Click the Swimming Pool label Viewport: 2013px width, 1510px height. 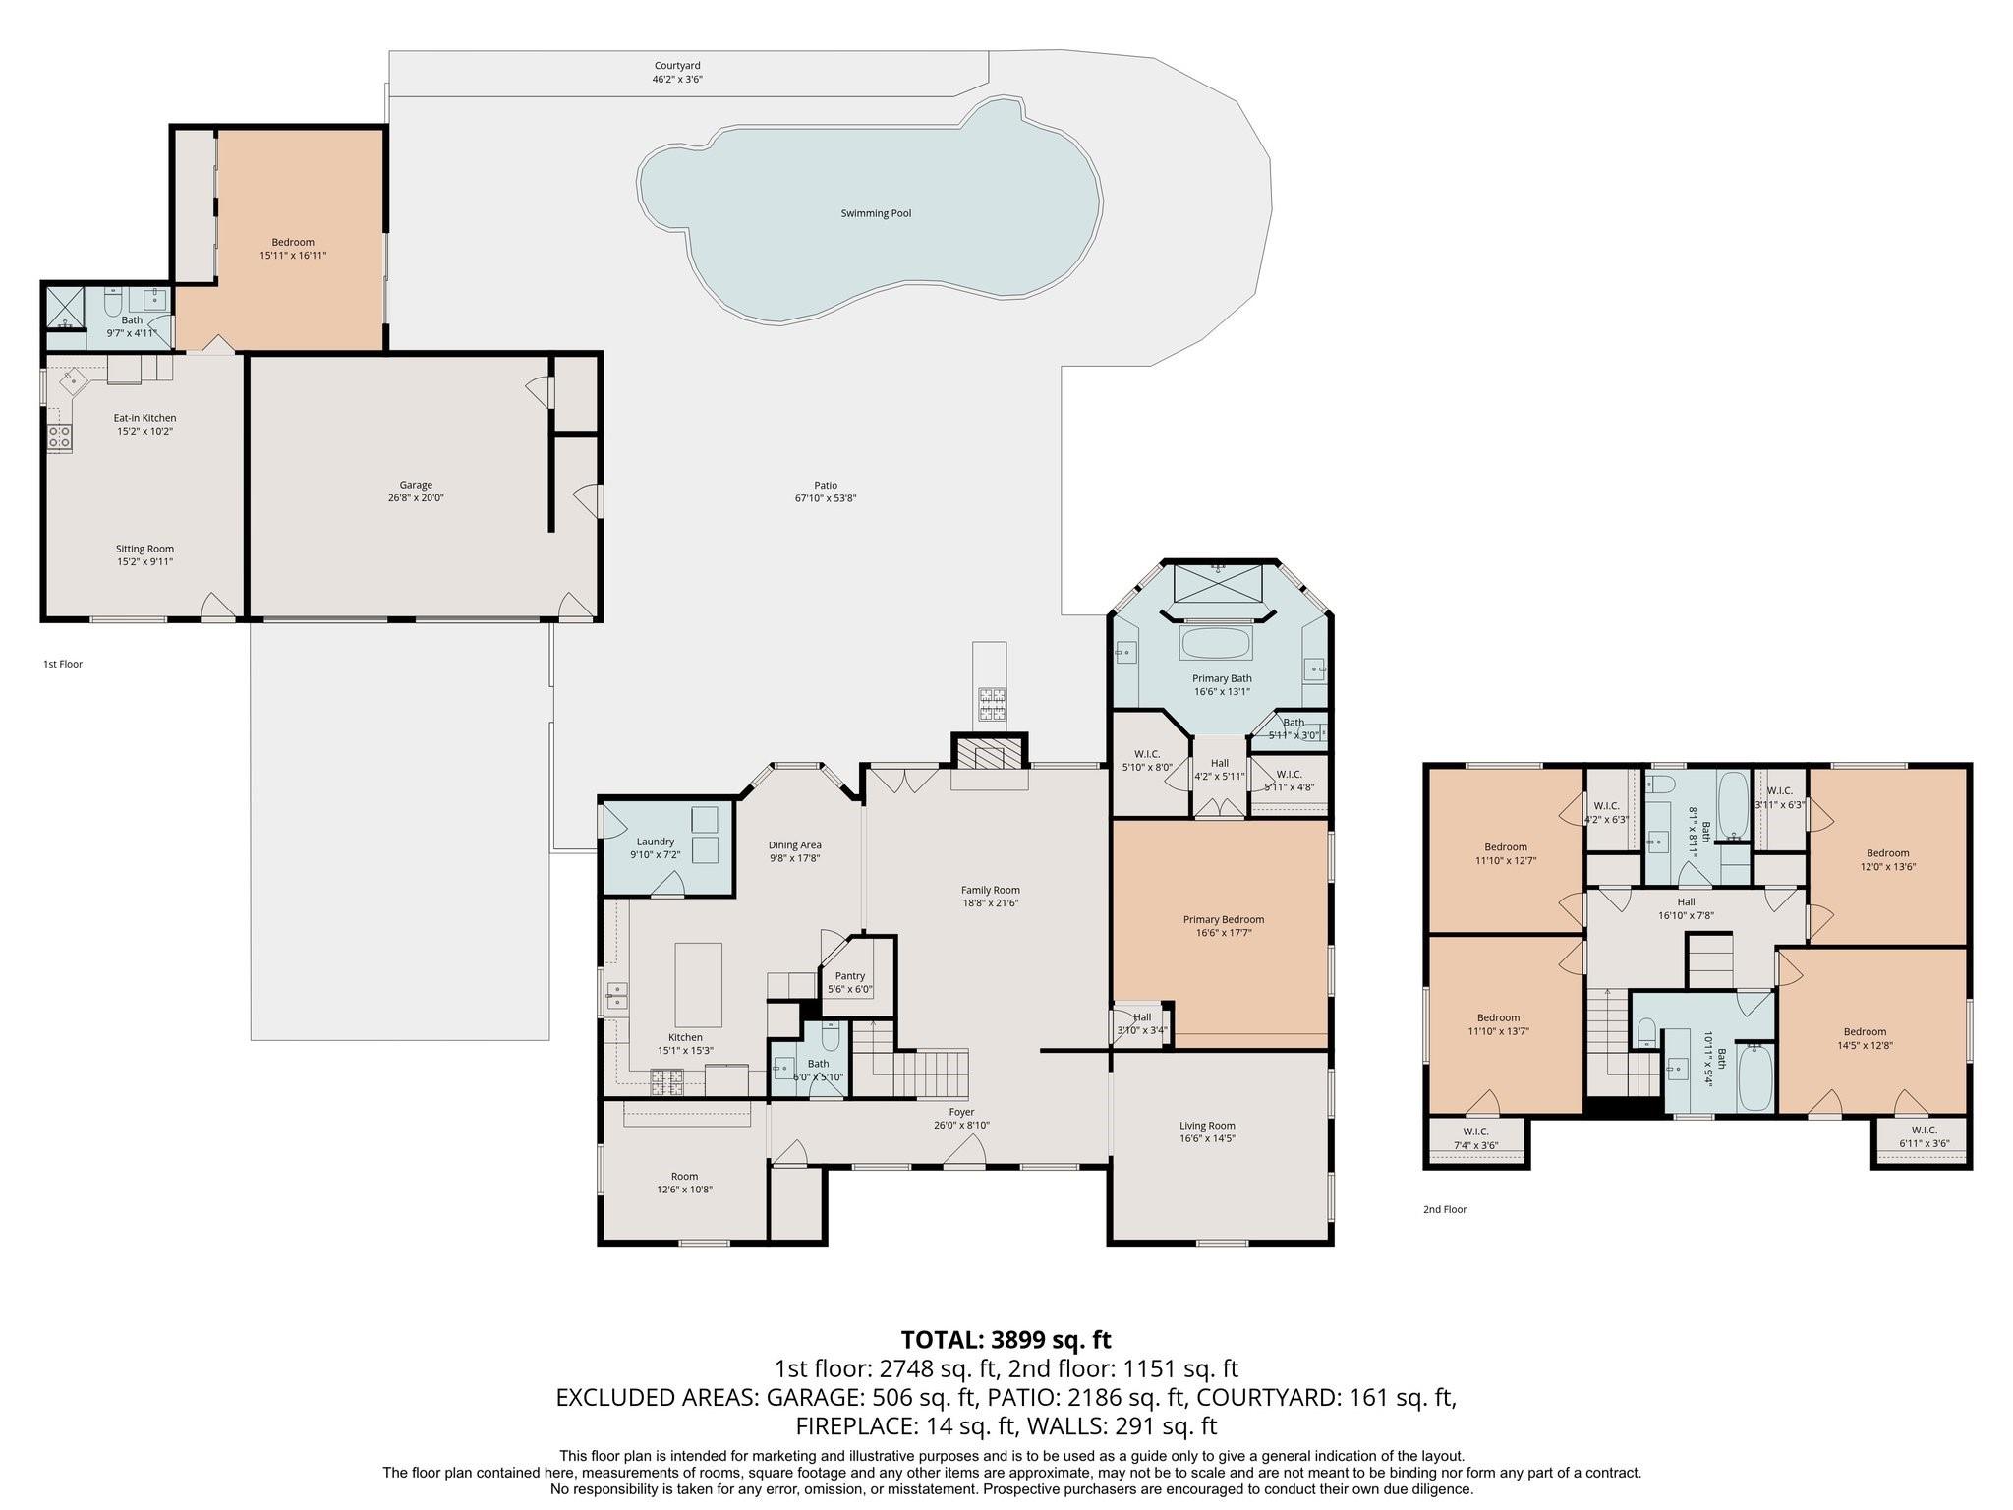coord(876,213)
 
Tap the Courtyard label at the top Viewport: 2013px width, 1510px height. coord(677,66)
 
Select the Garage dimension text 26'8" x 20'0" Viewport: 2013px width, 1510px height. coord(416,498)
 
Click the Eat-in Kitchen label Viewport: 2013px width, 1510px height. coord(144,418)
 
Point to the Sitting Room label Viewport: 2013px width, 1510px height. coord(144,549)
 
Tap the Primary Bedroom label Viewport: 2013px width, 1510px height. coord(1224,920)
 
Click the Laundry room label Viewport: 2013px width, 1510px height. coord(656,842)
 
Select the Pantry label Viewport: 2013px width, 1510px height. coord(850,976)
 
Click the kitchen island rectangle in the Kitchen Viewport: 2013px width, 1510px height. coord(698,985)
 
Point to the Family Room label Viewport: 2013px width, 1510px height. coord(991,890)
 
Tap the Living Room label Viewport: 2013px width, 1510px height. coord(1207,1126)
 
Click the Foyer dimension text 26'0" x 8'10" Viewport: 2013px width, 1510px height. coord(961,1125)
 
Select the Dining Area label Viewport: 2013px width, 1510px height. coord(795,845)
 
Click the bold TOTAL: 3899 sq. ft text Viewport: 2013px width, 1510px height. coord(1006,1340)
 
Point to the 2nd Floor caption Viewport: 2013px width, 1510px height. coord(1445,1209)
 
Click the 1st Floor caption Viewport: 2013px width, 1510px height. coord(63,664)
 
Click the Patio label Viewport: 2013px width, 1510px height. coord(826,485)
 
